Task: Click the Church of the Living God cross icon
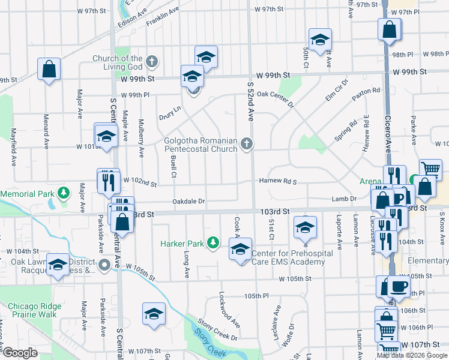coord(152,61)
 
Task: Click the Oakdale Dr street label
coord(189,202)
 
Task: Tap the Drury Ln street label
coord(169,112)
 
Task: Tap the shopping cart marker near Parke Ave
coord(430,169)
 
